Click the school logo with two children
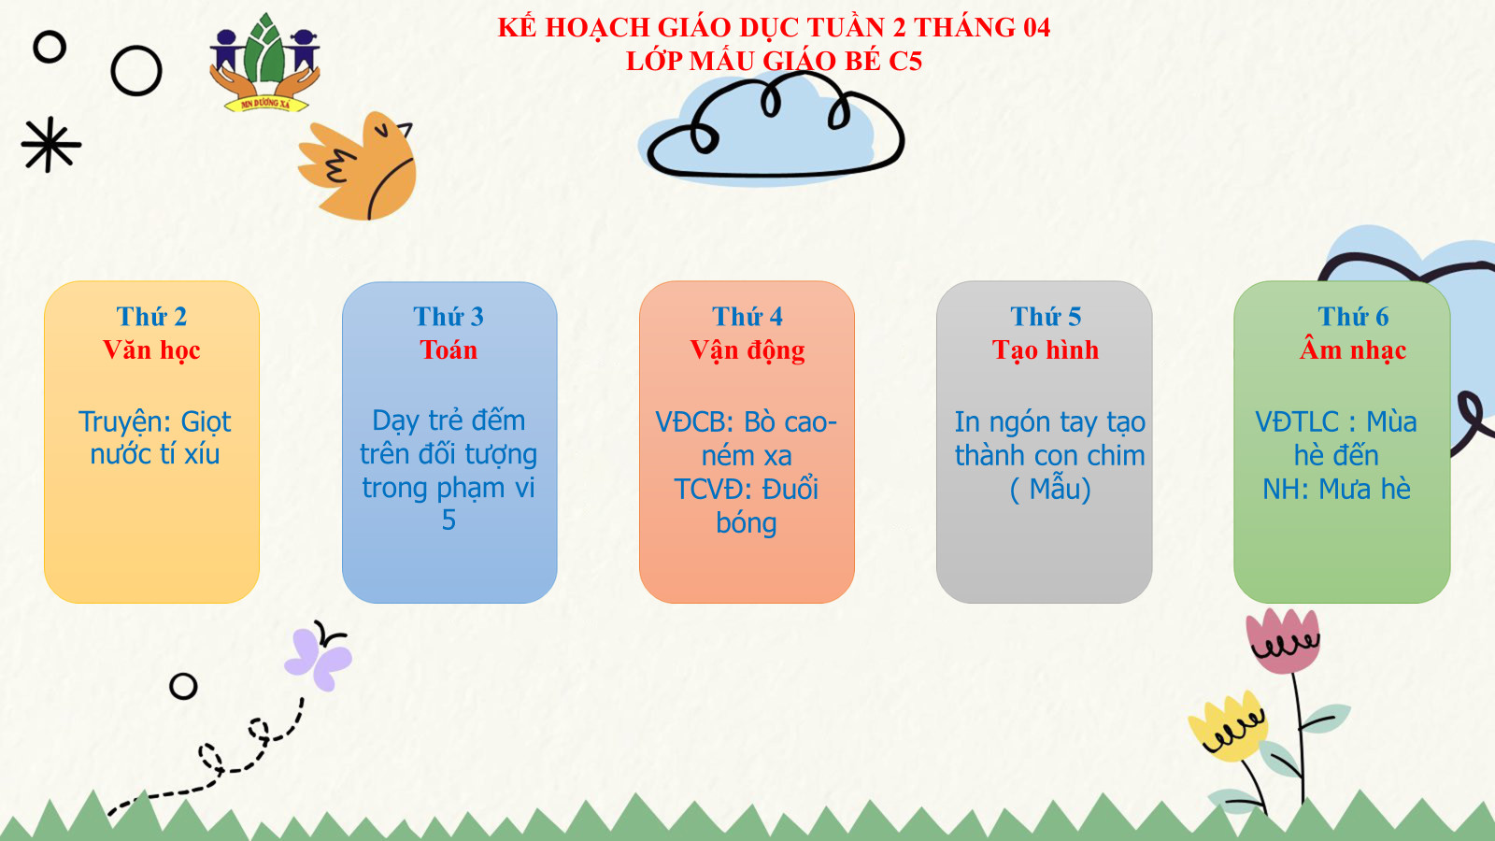click(x=265, y=63)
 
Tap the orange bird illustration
click(x=361, y=167)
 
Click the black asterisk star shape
click(x=50, y=144)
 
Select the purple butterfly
click(x=319, y=657)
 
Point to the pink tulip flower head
click(x=1283, y=641)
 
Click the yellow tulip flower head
click(x=1227, y=728)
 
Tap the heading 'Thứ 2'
click(x=151, y=317)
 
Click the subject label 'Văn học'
click(x=151, y=349)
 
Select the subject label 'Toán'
click(x=448, y=349)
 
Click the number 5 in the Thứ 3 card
click(x=448, y=520)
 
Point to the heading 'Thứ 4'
click(x=747, y=317)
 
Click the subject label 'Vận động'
click(x=747, y=350)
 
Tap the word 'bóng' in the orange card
click(x=747, y=522)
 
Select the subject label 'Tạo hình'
click(x=1046, y=349)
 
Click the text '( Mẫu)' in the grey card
click(x=1050, y=490)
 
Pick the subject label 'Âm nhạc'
click(x=1353, y=349)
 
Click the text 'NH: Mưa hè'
click(x=1336, y=490)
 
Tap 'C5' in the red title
click(x=905, y=61)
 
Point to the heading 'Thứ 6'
click(x=1353, y=317)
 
